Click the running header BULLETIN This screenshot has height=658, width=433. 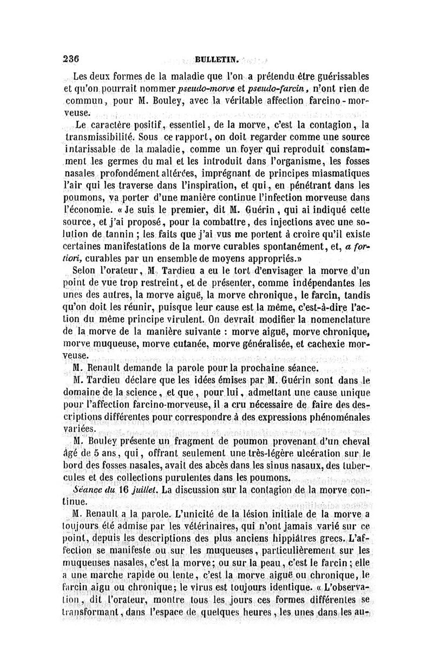tap(214, 60)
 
